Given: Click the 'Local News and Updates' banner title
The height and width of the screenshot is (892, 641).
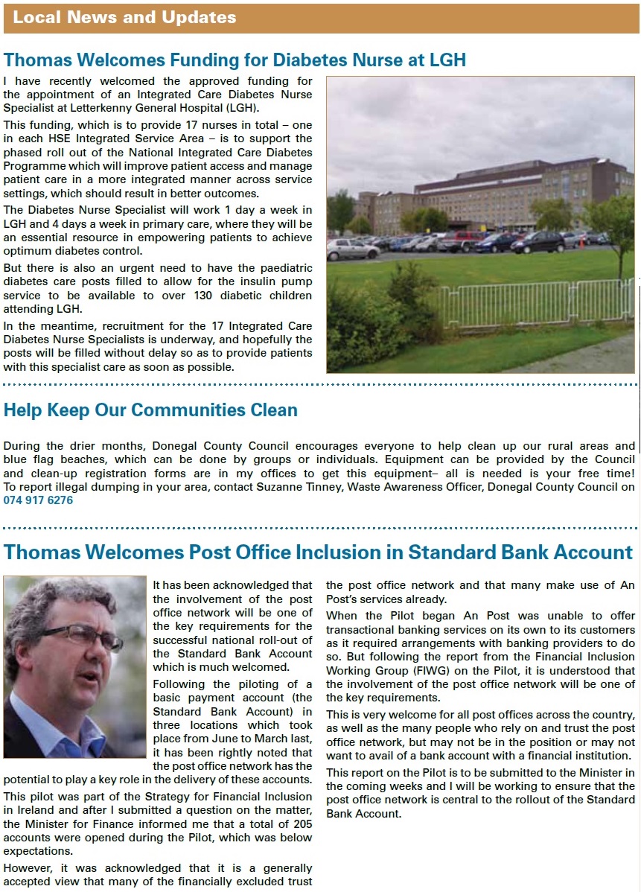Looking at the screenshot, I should click(x=124, y=18).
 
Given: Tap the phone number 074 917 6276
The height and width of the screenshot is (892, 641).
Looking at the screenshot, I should click(x=39, y=500).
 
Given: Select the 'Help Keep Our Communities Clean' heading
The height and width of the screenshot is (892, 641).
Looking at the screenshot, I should click(x=150, y=410).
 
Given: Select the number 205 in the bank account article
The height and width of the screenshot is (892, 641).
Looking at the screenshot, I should click(x=301, y=824).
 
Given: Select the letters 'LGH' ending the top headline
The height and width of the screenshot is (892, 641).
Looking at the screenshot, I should click(x=445, y=60).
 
